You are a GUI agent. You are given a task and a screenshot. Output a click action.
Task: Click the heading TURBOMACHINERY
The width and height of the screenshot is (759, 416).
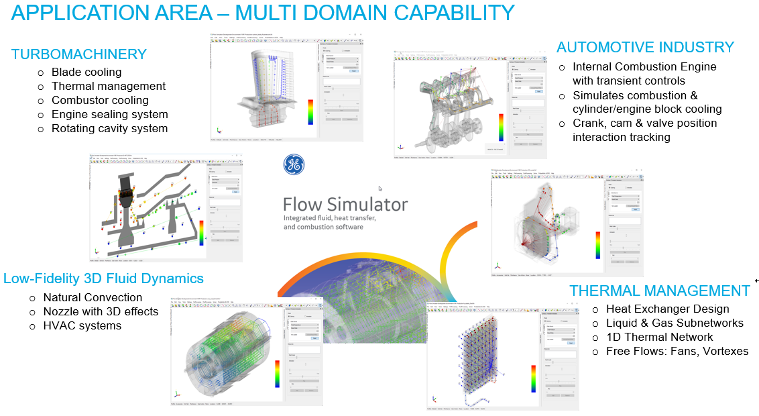[x=78, y=54]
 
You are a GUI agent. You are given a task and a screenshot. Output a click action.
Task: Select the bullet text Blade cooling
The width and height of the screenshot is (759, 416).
[x=86, y=72]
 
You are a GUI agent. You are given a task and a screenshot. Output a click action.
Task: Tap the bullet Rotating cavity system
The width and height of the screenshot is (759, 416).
[x=109, y=128]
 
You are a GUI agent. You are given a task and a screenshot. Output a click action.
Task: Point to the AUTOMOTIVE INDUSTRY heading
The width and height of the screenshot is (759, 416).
[x=645, y=47]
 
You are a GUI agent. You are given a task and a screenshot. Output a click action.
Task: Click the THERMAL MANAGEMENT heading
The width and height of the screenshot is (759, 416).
[x=660, y=291]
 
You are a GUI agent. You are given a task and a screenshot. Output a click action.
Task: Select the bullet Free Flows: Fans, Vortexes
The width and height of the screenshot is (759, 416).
[x=677, y=351]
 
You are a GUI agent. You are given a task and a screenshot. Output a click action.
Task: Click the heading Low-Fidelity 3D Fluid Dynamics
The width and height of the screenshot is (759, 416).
[x=103, y=278]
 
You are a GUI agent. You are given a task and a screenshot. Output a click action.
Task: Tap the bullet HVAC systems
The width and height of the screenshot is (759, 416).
[x=82, y=325]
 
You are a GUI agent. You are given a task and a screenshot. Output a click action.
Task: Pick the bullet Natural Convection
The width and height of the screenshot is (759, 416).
[x=93, y=297]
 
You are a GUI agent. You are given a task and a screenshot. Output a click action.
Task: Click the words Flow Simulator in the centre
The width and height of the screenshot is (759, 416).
[x=345, y=203]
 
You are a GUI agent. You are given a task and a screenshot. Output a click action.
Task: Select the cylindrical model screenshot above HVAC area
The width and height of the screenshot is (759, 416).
[x=228, y=349]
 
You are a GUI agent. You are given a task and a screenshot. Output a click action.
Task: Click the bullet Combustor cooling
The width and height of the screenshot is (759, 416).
[x=100, y=100]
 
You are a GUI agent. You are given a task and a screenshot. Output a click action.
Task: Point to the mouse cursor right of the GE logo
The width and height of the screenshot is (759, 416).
[x=380, y=189]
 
